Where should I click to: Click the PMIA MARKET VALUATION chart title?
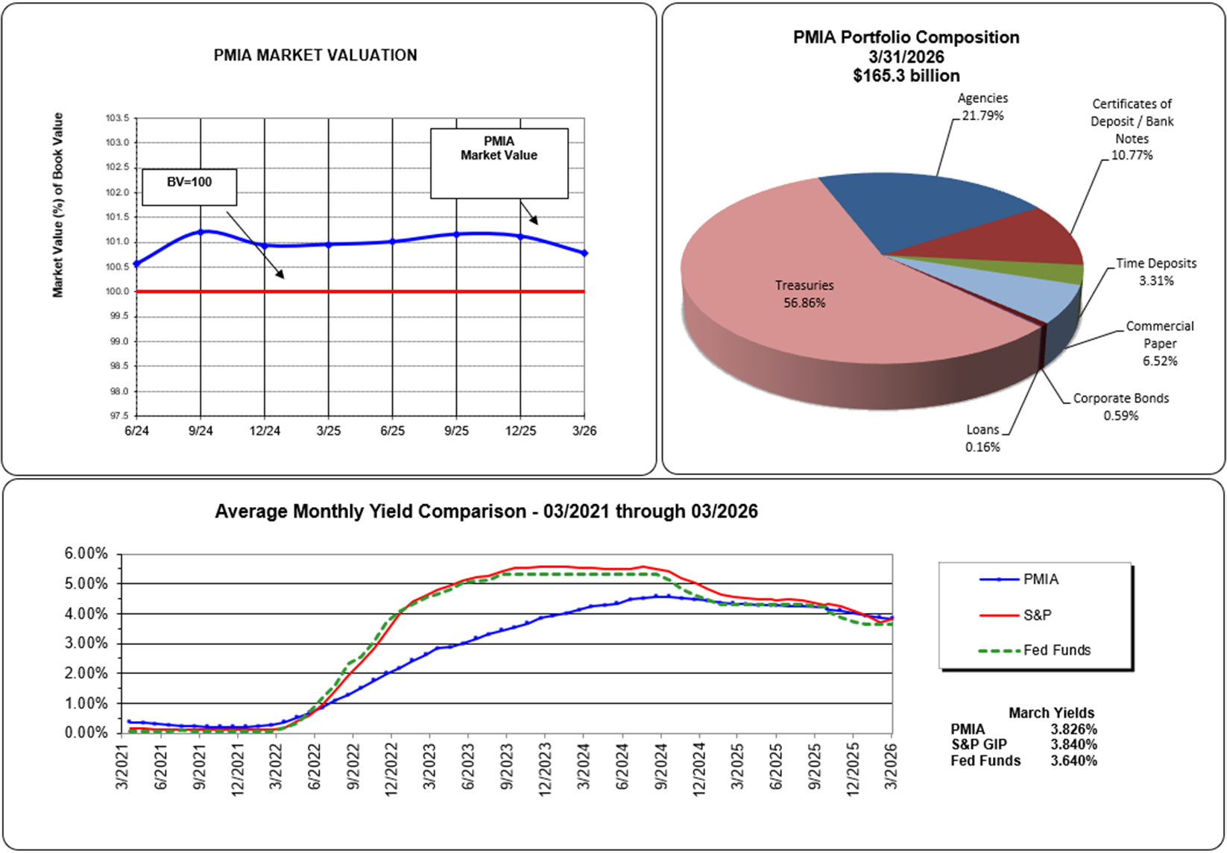pyautogui.click(x=315, y=55)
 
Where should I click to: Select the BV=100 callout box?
pyautogui.click(x=189, y=186)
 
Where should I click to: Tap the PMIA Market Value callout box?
pyautogui.click(x=499, y=163)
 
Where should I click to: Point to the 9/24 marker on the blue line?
pyautogui.click(x=201, y=232)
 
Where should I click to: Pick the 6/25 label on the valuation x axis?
pyautogui.click(x=393, y=431)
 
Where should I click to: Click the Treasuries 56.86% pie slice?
pyautogui.click(x=805, y=313)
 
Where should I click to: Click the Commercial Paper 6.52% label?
pyautogui.click(x=1160, y=344)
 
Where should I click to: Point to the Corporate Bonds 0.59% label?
pyautogui.click(x=1121, y=406)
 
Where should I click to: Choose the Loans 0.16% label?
pyautogui.click(x=982, y=438)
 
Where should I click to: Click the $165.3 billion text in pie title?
pyautogui.click(x=906, y=75)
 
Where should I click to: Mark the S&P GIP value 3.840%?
pyautogui.click(x=1073, y=745)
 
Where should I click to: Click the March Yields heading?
pyautogui.click(x=1051, y=713)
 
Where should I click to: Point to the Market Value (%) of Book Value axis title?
pyautogui.click(x=58, y=205)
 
